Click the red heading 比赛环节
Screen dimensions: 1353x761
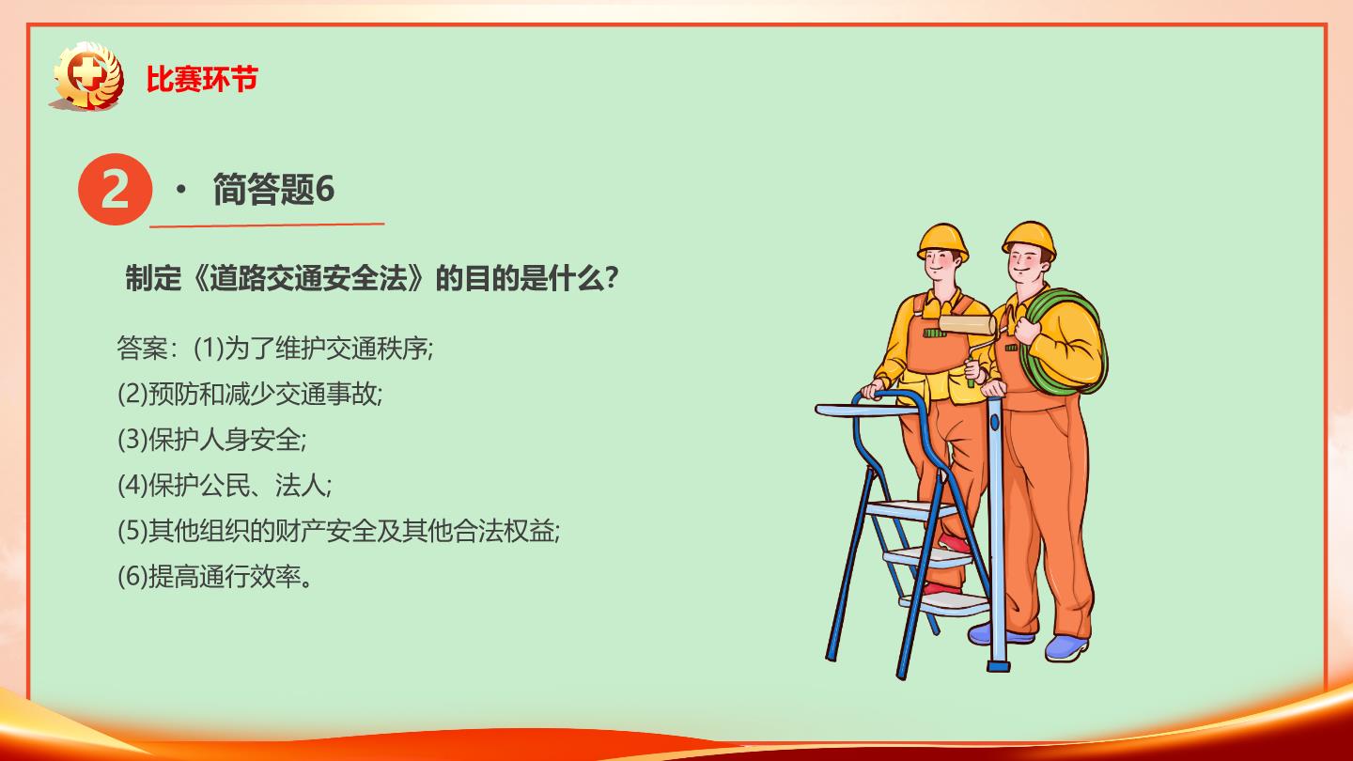[x=202, y=79]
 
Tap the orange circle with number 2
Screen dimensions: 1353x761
[x=115, y=189]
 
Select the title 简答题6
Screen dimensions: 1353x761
[x=273, y=189]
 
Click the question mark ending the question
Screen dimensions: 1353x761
[x=612, y=278]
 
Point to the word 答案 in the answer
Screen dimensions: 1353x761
[x=142, y=349]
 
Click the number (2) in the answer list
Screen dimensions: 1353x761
[x=132, y=395]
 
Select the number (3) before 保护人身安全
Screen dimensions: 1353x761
[x=132, y=440]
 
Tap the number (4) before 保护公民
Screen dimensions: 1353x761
[x=132, y=485]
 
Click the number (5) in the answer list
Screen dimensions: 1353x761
[x=132, y=531]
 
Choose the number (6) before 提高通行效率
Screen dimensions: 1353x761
[x=132, y=577]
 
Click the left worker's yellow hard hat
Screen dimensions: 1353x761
[x=943, y=241]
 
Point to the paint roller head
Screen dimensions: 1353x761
[x=967, y=325]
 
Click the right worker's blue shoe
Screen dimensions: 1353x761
[x=1066, y=646]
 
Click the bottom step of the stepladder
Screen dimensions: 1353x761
[x=944, y=603]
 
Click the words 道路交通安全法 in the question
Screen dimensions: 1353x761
[x=309, y=278]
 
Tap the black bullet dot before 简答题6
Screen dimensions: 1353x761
[x=180, y=190]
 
